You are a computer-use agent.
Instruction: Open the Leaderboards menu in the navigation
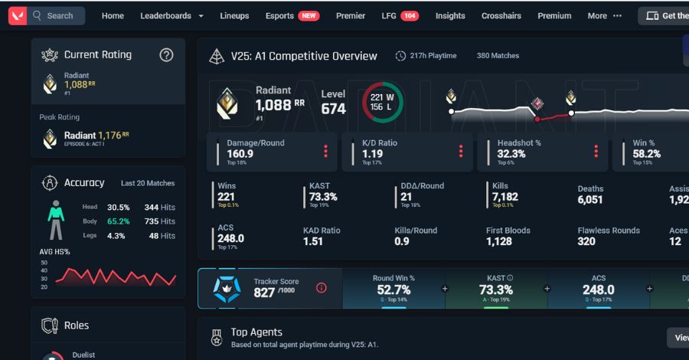click(171, 15)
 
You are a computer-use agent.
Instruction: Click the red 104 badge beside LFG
click(410, 15)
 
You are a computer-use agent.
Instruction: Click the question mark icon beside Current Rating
click(166, 55)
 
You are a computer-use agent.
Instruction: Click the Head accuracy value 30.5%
click(118, 208)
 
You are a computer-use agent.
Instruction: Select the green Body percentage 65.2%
click(118, 221)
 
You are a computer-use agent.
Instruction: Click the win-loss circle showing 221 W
click(382, 103)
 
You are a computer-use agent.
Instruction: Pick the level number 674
click(333, 109)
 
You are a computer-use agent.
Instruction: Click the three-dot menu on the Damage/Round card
click(325, 152)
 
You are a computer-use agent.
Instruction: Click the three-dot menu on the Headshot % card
click(596, 152)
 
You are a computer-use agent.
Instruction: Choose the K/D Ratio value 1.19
click(372, 154)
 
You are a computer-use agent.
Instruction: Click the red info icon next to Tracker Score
click(322, 288)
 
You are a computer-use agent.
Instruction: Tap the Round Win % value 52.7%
click(393, 290)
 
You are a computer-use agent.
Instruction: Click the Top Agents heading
click(256, 332)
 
